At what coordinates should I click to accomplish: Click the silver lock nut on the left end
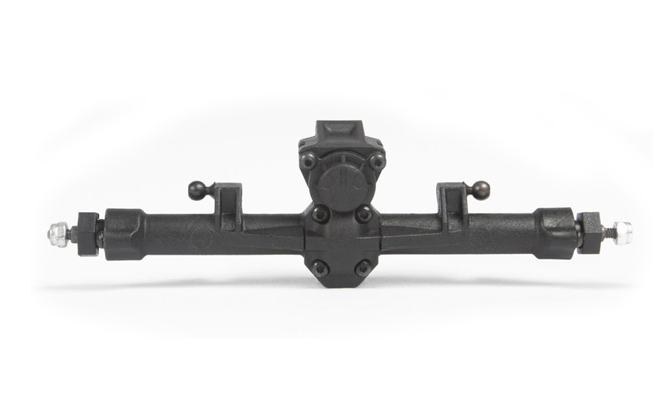click(58, 234)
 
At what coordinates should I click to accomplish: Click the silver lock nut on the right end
click(623, 232)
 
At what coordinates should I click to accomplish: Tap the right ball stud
click(481, 189)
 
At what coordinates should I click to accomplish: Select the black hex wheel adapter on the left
click(88, 234)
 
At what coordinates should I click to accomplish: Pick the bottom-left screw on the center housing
click(319, 267)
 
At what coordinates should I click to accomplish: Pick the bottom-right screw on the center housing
click(361, 268)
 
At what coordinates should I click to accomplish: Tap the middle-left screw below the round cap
click(319, 213)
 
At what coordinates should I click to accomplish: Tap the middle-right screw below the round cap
click(363, 214)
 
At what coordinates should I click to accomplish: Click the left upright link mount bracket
click(228, 200)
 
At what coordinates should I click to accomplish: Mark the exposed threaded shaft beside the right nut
click(609, 232)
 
